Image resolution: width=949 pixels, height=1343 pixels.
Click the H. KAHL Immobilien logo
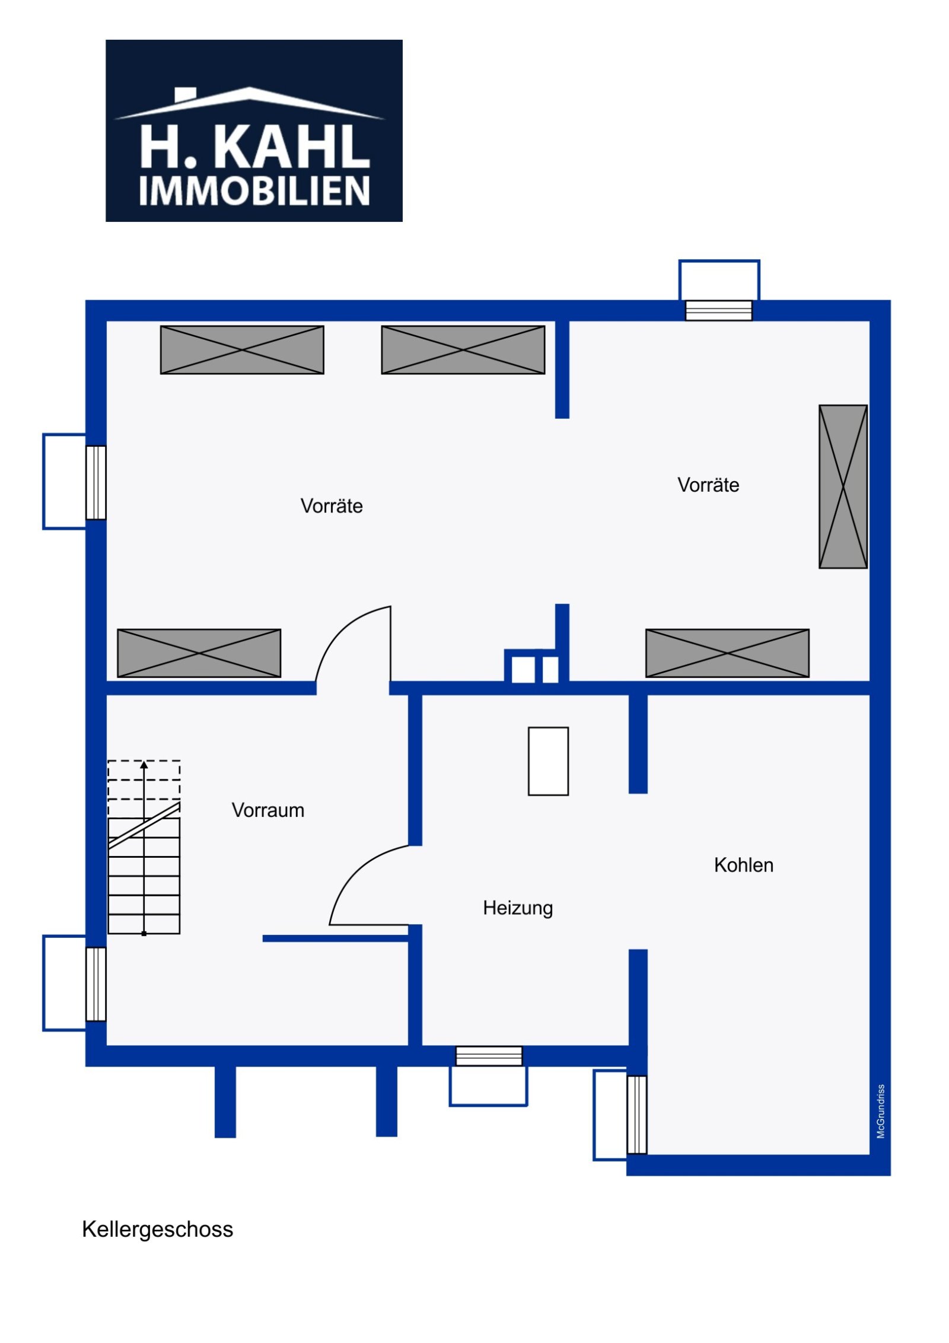click(x=253, y=131)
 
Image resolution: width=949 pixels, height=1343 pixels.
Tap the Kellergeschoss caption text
click(x=157, y=1230)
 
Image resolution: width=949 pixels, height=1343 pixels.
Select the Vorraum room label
click(x=267, y=810)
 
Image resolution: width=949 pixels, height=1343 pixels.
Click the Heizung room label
click(x=517, y=908)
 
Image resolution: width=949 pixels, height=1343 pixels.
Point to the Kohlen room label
click(x=743, y=865)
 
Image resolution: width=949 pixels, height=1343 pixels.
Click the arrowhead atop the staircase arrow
click(x=144, y=765)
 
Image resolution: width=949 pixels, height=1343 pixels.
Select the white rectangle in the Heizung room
click(x=548, y=761)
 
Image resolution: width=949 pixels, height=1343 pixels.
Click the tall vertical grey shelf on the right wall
click(x=842, y=486)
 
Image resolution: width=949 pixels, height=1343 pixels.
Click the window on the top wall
click(x=718, y=310)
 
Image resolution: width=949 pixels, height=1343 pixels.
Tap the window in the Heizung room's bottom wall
click(x=489, y=1056)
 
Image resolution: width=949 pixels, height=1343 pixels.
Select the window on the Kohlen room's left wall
click(x=636, y=1114)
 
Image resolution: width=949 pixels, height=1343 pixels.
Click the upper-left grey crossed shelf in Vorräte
click(x=242, y=350)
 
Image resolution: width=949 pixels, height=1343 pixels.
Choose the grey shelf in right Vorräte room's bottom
click(x=727, y=653)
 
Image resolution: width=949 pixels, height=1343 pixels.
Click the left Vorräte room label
click(x=332, y=506)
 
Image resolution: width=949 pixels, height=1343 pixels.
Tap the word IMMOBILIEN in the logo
click(x=254, y=191)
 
